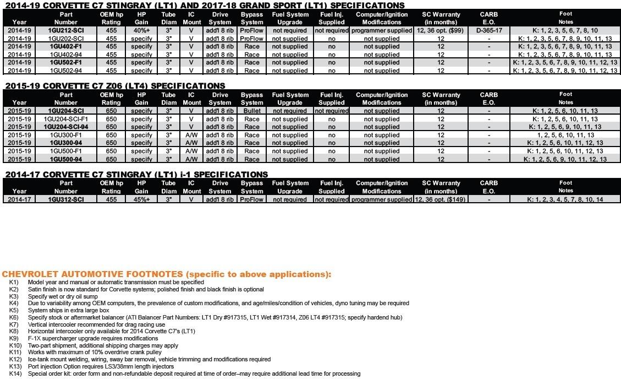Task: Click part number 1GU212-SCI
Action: tap(66, 31)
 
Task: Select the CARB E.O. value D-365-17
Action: tap(488, 31)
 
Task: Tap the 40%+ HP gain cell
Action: tap(141, 31)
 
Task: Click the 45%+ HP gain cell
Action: tap(141, 199)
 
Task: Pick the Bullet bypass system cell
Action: tap(252, 111)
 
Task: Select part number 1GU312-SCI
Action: tap(66, 199)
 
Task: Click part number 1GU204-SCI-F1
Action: tap(66, 119)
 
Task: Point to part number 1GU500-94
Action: tap(66, 159)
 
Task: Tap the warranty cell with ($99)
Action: tap(441, 31)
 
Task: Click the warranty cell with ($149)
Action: tap(441, 199)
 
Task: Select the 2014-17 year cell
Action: tap(19, 199)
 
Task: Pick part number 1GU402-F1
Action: tap(66, 47)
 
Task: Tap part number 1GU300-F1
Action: tap(66, 135)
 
